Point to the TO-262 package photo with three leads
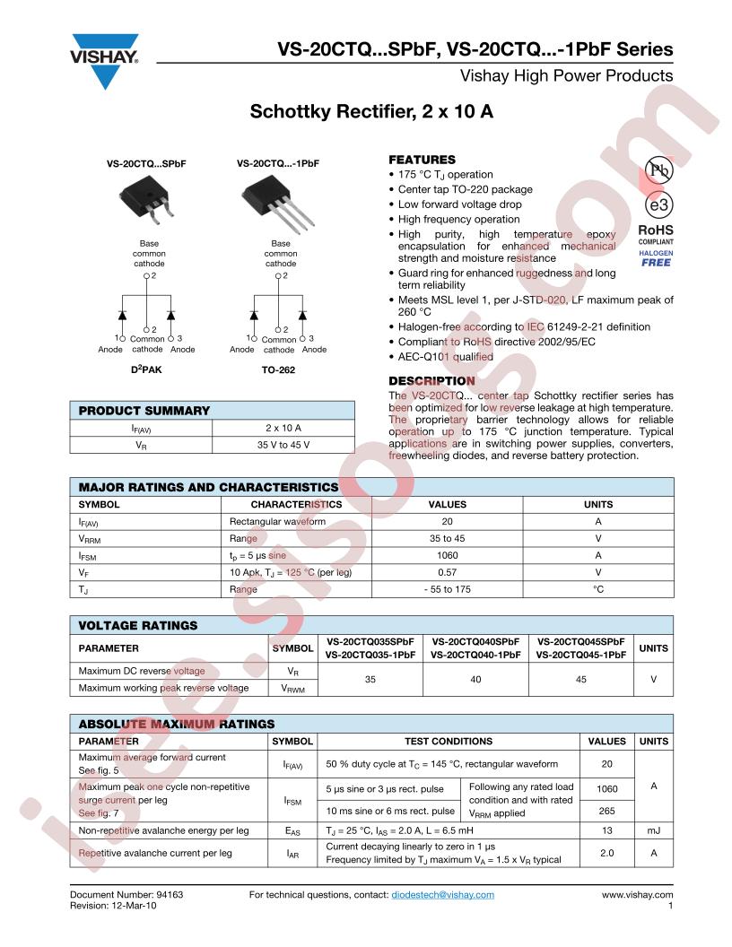click(x=278, y=199)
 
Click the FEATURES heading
click(x=422, y=160)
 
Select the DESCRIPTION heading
click(x=431, y=381)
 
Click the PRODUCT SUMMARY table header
click(x=144, y=411)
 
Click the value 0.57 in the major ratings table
click(x=447, y=572)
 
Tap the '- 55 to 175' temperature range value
click(x=447, y=589)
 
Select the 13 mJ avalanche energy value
click(x=607, y=830)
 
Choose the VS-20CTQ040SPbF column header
click(x=475, y=642)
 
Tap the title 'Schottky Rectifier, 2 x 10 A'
click(x=371, y=114)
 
